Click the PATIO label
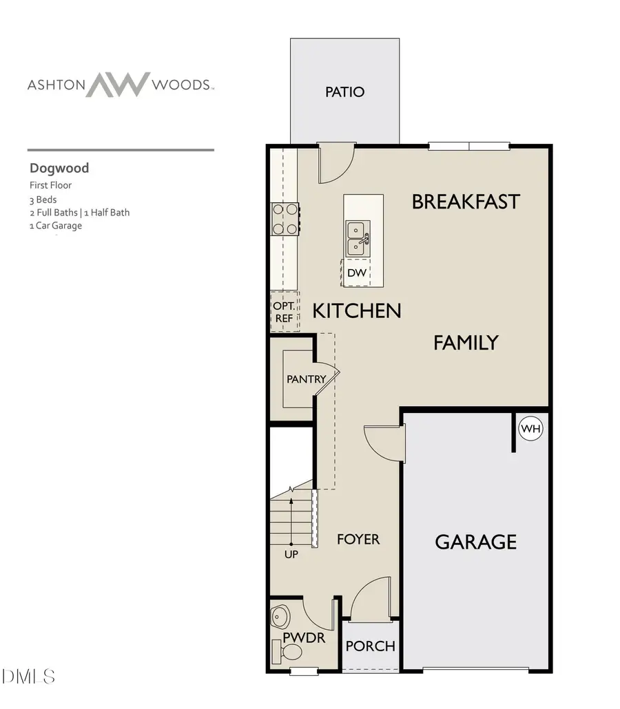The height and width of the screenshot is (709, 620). coord(344,92)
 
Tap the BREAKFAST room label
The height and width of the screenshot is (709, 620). coord(466,202)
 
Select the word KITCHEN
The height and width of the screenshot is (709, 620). coord(357,310)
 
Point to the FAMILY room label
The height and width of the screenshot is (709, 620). coord(466,342)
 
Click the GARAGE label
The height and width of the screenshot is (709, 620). coord(475,542)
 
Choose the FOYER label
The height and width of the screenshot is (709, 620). coord(358,539)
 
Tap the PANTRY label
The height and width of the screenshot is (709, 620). coord(306,379)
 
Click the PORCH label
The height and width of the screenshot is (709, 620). coord(371,646)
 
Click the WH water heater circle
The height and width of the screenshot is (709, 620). coord(530,429)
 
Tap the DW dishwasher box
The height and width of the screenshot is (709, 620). coord(356,273)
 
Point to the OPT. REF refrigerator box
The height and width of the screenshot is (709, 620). coord(284,312)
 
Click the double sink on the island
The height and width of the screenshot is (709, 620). coord(358,237)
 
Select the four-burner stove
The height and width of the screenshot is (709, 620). coord(285,219)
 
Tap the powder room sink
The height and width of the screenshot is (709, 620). coord(282,614)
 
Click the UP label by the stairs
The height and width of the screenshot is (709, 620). coord(291,554)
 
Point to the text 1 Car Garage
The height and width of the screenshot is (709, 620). coord(55,225)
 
